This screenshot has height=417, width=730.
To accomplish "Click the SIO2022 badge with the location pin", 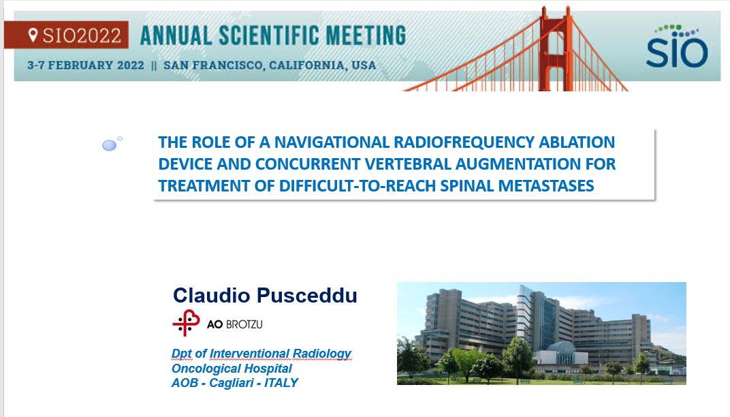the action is tap(66, 35).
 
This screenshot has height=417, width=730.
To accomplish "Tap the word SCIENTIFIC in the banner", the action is tap(270, 36).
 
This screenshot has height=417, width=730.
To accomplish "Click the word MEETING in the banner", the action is tap(366, 36).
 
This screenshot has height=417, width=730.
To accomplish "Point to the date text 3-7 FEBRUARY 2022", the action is tap(86, 65).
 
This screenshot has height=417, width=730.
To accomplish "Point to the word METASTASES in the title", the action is tap(546, 186).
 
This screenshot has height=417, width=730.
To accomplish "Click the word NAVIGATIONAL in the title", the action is tap(332, 142).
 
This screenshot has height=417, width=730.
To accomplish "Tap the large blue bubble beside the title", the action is tap(110, 145).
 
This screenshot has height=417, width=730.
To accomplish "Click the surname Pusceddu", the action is tap(307, 296).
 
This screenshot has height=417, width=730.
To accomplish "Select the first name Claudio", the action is tap(212, 296).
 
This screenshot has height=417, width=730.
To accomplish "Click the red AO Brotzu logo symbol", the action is tap(186, 322).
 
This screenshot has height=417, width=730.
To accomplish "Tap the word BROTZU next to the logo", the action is tap(244, 324).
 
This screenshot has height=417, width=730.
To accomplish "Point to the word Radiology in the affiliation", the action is tap(321, 354).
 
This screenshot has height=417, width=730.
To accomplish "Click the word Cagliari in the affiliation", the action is tap(231, 383).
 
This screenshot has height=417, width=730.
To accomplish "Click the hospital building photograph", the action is tap(541, 334).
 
